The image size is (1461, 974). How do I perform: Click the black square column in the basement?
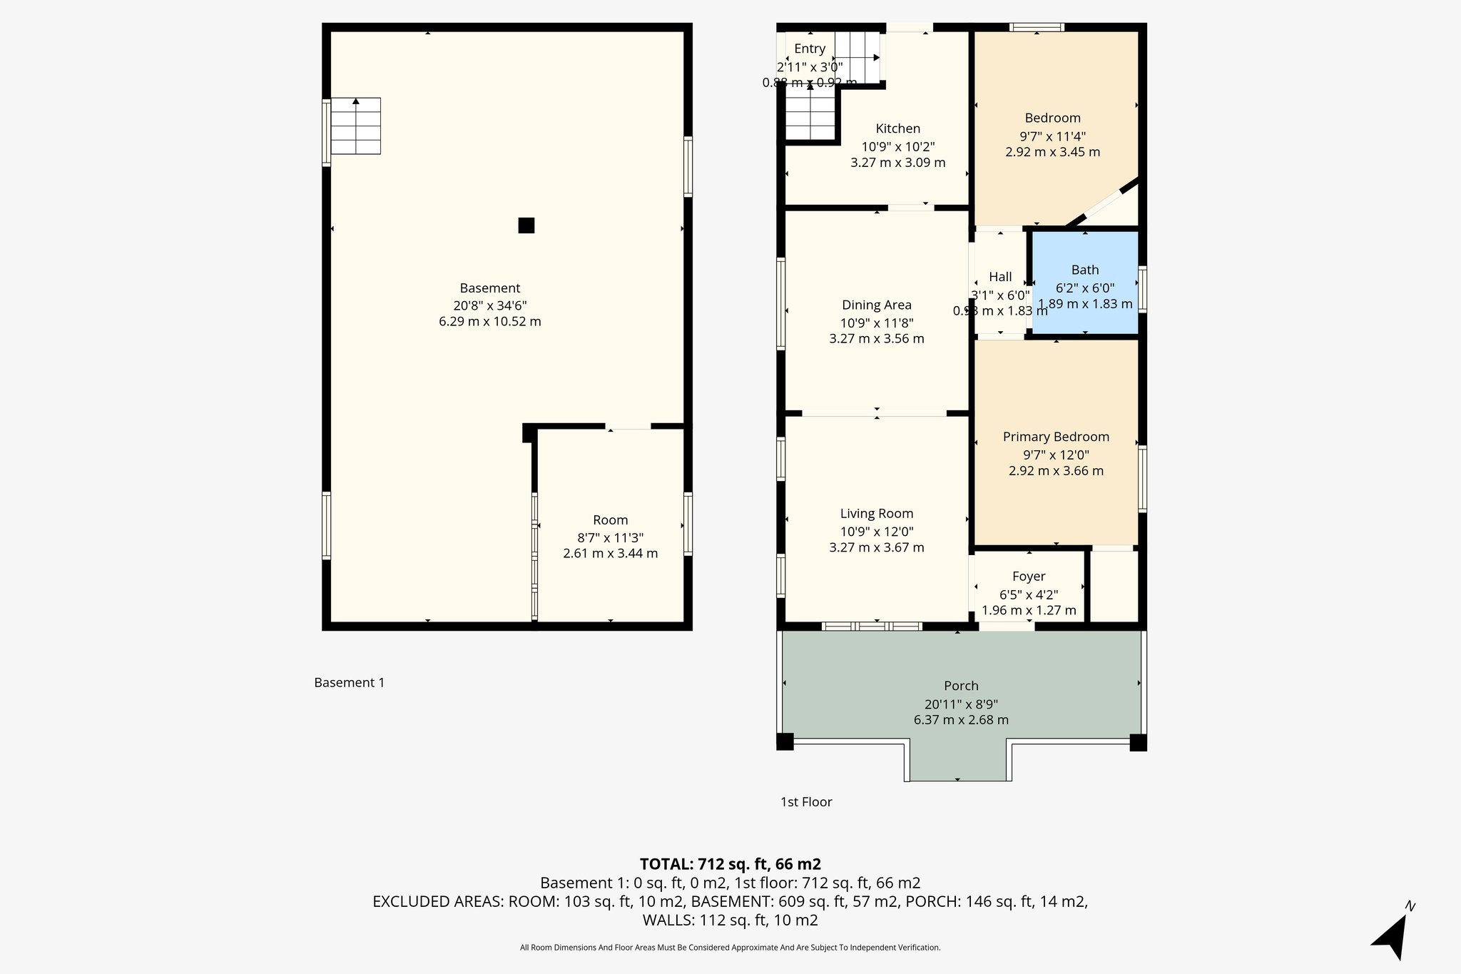(526, 225)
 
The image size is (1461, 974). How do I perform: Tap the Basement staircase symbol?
(355, 126)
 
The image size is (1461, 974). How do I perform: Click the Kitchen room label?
(897, 128)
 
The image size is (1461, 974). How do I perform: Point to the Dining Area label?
(876, 305)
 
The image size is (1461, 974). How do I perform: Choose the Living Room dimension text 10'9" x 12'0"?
(876, 531)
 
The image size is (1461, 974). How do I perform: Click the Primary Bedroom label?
(1056, 437)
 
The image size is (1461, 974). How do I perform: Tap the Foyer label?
(1028, 576)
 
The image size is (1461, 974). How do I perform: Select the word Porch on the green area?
(961, 686)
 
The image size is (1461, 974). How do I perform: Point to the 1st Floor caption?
(806, 802)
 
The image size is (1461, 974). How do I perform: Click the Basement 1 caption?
(349, 683)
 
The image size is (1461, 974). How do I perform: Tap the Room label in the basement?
(610, 520)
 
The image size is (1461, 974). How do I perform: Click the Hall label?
(1000, 277)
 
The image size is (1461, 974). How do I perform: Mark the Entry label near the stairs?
(809, 49)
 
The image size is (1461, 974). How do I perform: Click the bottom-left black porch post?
(785, 741)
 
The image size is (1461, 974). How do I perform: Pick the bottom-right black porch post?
(1138, 742)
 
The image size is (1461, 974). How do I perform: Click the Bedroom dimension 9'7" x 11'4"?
(1052, 136)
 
